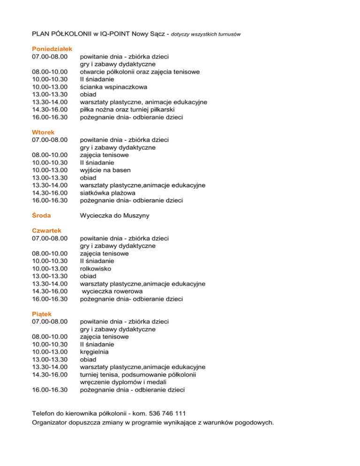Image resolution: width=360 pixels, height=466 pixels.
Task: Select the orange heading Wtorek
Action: pos(43,132)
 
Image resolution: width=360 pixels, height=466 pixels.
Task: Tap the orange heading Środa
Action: pos(41,215)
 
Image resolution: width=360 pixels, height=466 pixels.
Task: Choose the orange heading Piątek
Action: pos(42,314)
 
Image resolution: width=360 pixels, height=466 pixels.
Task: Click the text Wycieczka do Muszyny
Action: pos(117,215)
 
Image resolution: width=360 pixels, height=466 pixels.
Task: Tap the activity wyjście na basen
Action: pos(105,170)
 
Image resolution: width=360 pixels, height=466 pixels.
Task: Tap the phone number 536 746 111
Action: pos(167,413)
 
